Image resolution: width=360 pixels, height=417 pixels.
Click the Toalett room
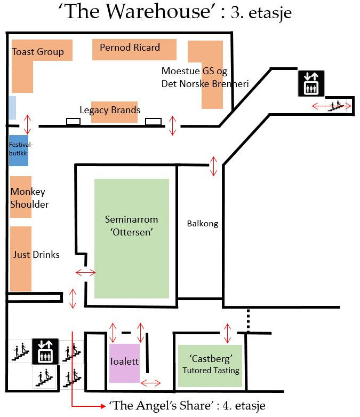124,363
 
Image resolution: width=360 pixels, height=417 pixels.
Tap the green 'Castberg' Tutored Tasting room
211,363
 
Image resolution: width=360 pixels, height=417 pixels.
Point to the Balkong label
203,224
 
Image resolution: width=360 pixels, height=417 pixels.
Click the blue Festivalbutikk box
18,151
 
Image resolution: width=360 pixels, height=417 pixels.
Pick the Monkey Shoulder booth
21,198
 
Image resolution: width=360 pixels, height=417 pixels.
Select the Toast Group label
37,52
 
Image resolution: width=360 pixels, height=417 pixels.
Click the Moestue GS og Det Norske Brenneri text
205,77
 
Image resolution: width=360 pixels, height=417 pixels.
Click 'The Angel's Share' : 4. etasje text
187,406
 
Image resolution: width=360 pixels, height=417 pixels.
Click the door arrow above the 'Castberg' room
228,333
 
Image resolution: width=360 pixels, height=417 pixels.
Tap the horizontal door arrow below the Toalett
150,382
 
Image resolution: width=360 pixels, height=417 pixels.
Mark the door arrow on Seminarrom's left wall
85,273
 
